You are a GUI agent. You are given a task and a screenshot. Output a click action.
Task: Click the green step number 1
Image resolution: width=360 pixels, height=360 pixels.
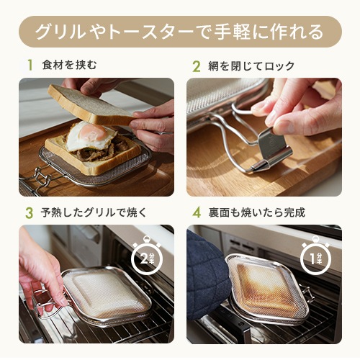click(x=30, y=65)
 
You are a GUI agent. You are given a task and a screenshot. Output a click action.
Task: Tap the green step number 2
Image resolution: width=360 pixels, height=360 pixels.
click(x=197, y=66)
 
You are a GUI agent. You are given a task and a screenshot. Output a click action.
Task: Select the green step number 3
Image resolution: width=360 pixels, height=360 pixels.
click(x=30, y=213)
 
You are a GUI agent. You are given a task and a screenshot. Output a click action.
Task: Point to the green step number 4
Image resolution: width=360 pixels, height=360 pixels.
click(x=197, y=212)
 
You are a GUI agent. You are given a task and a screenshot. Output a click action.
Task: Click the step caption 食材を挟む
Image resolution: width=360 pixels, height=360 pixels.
click(x=69, y=65)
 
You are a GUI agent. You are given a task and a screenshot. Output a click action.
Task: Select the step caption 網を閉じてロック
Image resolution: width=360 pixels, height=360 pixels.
click(x=251, y=66)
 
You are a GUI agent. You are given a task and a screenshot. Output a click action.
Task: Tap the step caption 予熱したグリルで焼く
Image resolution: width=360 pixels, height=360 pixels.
click(x=94, y=212)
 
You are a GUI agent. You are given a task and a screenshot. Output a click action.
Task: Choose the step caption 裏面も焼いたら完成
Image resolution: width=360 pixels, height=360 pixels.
click(x=257, y=212)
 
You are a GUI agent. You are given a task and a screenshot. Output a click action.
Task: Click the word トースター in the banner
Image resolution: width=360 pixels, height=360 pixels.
click(x=150, y=32)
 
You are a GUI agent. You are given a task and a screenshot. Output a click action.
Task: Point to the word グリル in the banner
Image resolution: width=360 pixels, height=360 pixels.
click(x=60, y=32)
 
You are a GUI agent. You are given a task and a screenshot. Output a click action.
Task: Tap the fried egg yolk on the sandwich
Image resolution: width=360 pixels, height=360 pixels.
click(x=92, y=132)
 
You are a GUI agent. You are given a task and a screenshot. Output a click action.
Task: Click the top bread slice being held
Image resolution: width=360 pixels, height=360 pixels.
click(x=91, y=105)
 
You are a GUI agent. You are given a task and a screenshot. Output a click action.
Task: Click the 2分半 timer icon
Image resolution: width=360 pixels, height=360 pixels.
click(x=147, y=257)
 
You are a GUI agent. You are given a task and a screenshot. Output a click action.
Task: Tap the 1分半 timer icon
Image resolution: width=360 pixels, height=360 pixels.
click(x=315, y=257)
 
